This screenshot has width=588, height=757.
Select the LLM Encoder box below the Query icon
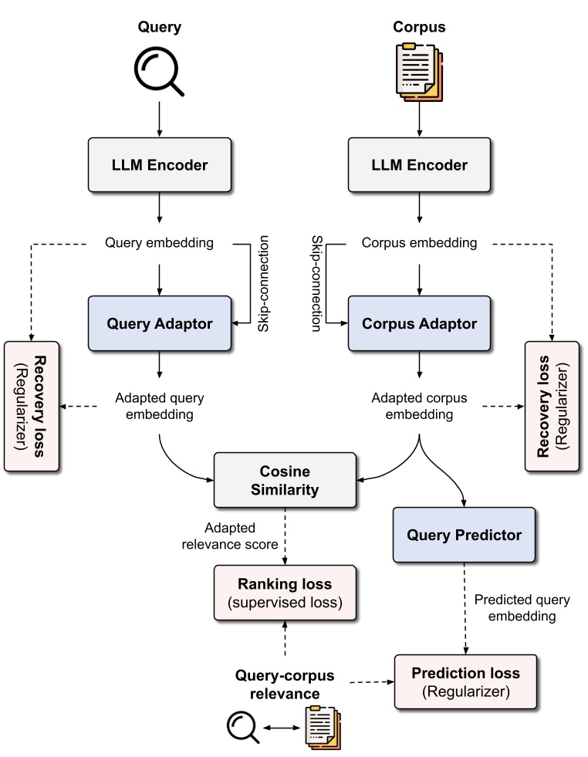(x=159, y=165)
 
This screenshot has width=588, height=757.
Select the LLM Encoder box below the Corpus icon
(x=419, y=165)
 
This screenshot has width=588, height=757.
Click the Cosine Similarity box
(x=285, y=481)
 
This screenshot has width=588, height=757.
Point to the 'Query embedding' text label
(x=159, y=244)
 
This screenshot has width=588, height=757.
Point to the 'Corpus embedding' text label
(x=419, y=244)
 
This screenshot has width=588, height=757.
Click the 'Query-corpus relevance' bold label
(x=285, y=684)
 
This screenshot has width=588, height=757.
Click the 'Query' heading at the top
(x=159, y=28)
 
